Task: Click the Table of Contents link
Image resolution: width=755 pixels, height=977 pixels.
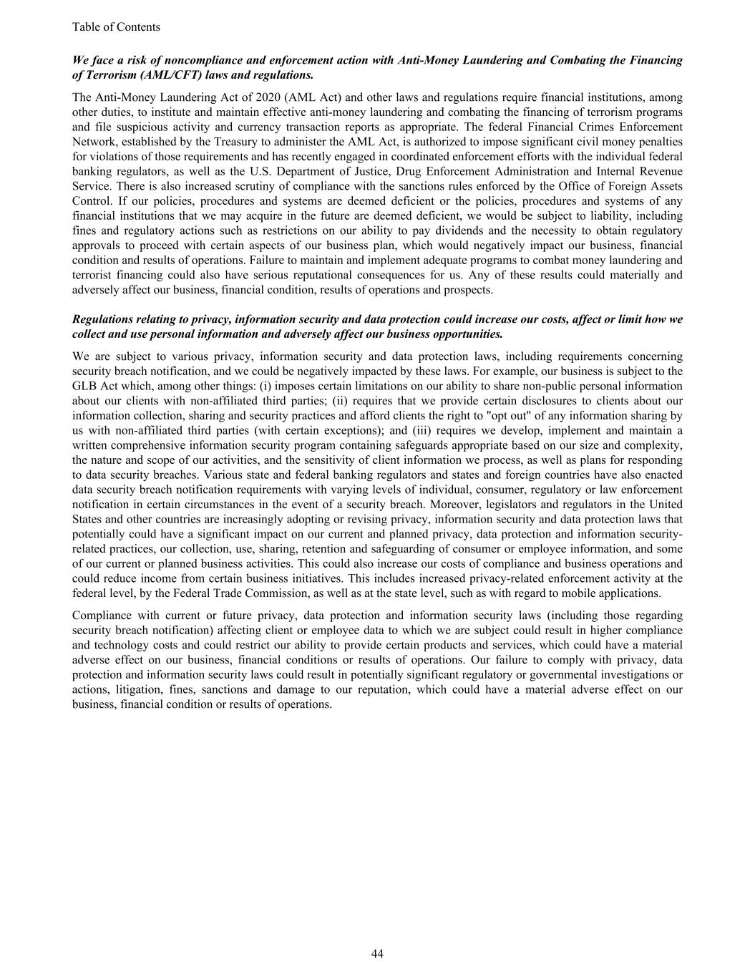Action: [x=116, y=27]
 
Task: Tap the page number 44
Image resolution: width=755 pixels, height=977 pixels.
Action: [x=377, y=953]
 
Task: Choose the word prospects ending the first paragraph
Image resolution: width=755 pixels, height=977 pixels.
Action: [x=469, y=290]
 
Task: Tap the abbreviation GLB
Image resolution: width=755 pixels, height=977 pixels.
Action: [x=84, y=386]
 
